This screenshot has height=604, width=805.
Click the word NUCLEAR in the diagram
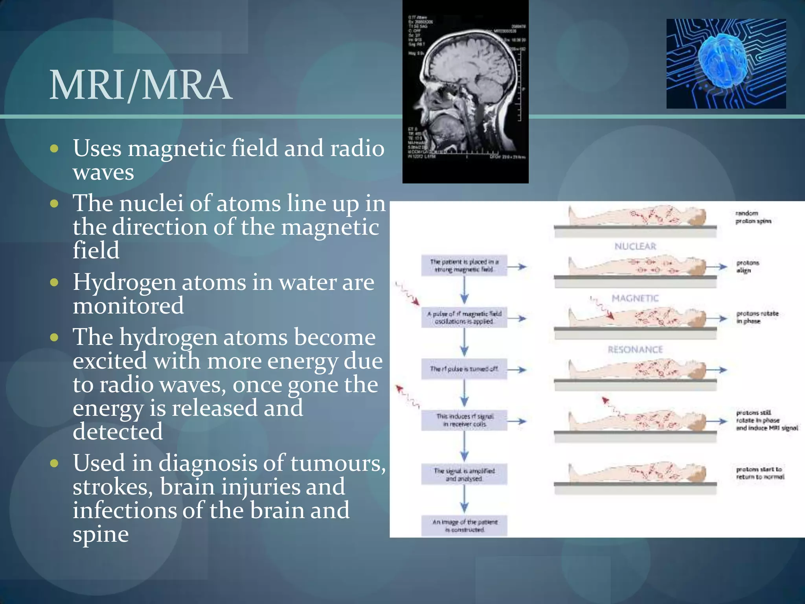635,247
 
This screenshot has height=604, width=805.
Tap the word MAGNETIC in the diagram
635,298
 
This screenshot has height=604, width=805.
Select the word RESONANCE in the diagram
635,350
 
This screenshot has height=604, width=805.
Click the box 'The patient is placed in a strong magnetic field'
464,266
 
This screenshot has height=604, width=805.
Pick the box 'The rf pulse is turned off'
464,369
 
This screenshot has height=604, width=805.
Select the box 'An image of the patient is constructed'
464,526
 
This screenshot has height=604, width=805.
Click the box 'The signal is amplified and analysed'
464,475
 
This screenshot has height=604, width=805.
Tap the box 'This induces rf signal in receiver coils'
464,420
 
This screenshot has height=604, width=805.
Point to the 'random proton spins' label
753,217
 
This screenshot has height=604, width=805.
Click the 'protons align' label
748,266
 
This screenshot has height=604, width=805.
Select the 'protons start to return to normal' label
760,473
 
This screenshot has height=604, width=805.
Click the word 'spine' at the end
101,535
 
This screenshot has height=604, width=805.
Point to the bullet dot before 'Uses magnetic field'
54,149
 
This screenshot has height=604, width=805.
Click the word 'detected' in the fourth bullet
118,432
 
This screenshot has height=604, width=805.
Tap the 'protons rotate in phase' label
757,317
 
